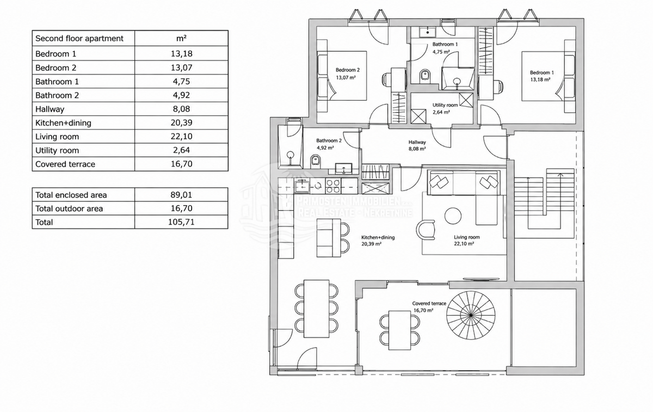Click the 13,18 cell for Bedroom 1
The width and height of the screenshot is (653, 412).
pos(181,54)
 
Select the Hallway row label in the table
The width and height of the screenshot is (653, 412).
pos(50,109)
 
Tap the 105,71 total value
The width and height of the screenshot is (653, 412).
pos(181,222)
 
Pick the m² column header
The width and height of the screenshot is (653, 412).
pos(181,38)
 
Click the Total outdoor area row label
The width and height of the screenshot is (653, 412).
pos(69,208)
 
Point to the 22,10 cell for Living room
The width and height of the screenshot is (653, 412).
pos(181,137)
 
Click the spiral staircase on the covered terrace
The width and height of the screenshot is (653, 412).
pos(471,315)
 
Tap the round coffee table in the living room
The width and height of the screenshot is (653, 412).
pos(453,216)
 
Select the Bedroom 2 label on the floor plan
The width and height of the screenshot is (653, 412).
pos(348,70)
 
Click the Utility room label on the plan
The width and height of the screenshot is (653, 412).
pos(445,105)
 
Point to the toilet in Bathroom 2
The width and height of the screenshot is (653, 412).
pos(316,161)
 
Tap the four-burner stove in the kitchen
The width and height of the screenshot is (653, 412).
pos(333,186)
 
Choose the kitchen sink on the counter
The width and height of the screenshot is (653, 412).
pos(302,186)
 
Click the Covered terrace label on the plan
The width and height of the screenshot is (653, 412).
pos(429,304)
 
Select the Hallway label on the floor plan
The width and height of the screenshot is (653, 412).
pos(417,142)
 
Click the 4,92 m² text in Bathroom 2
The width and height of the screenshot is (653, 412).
pos(325,148)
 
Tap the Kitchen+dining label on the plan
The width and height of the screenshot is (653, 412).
pos(378,237)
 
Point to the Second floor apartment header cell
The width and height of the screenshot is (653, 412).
pos(79,39)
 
